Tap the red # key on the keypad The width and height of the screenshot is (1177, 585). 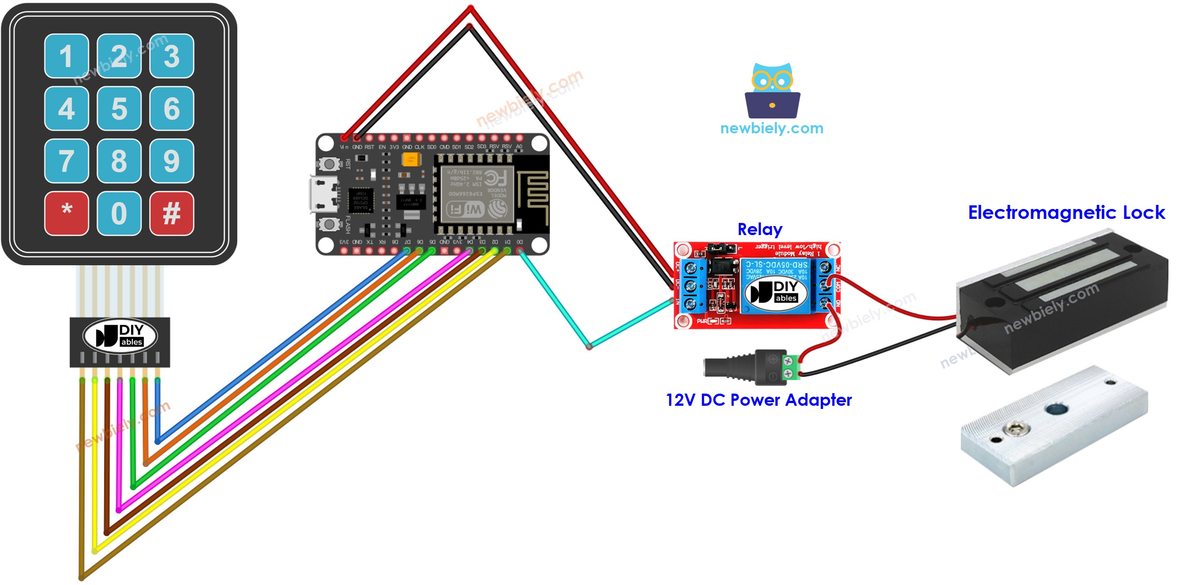[172, 213]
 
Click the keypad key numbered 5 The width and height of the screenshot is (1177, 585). [119, 109]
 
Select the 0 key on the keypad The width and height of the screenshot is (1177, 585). [119, 213]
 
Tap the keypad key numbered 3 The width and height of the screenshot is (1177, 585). [172, 56]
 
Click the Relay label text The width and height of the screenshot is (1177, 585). [760, 229]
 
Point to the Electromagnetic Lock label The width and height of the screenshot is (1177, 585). [1065, 213]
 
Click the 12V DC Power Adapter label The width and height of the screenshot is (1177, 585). [758, 400]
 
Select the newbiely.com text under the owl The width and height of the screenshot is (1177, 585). [771, 128]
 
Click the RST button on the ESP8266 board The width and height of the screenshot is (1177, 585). [329, 163]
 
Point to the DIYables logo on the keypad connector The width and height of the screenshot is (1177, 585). [120, 336]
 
